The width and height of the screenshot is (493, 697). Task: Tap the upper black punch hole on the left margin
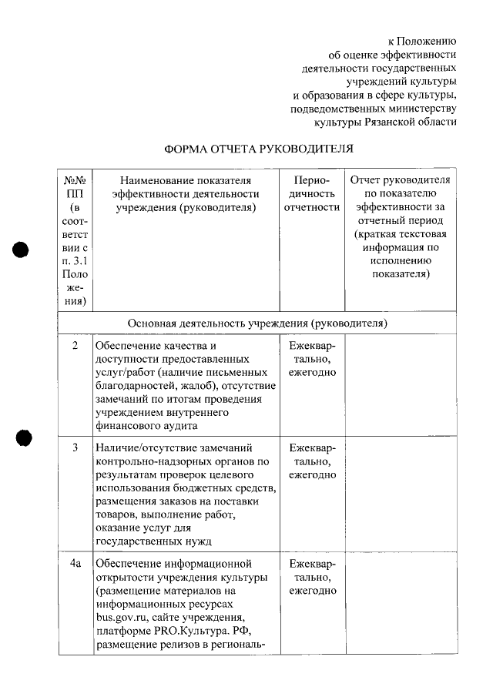coord(22,251)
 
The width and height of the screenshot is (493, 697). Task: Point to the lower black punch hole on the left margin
coord(24,437)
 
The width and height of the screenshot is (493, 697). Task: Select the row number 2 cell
coord(75,346)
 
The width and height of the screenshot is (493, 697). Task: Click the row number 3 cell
coord(75,447)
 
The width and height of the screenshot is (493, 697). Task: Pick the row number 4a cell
coord(75,564)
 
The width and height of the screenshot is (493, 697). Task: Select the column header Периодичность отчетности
coord(311,193)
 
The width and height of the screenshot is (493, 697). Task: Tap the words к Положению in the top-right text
coord(421,41)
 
